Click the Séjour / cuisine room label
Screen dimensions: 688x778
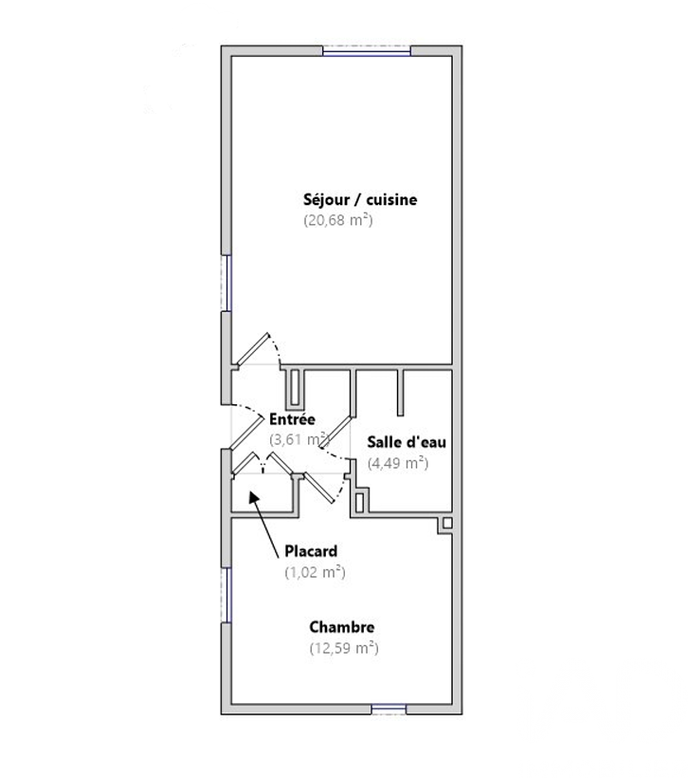[360, 200]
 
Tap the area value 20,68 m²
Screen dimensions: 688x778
[338, 220]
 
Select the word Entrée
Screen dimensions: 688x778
[292, 419]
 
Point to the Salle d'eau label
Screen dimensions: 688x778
[407, 442]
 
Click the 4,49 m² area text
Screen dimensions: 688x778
[398, 463]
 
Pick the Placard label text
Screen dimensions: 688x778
[311, 551]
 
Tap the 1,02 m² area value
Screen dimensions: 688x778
[315, 572]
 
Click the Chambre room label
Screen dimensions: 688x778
[341, 627]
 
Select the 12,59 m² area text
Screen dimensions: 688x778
[344, 648]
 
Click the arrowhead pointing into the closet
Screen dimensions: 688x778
[254, 497]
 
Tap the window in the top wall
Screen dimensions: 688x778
[367, 50]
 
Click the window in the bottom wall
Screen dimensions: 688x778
[389, 710]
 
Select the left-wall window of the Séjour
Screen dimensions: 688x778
[226, 284]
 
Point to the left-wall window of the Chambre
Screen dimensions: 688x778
[226, 595]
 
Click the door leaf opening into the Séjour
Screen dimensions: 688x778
[252, 350]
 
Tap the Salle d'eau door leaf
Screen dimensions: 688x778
[336, 430]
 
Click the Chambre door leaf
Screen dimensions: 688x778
[319, 488]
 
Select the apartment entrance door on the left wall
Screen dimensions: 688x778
[247, 434]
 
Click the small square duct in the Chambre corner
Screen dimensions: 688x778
[447, 523]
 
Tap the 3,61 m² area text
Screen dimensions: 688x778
[299, 439]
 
